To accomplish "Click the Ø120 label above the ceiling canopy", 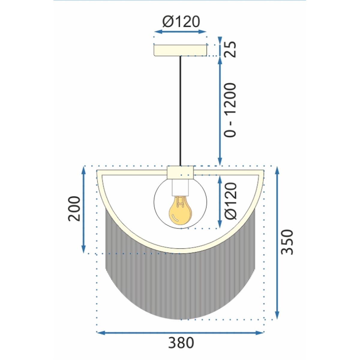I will click(181, 22).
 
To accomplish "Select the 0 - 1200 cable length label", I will click(231, 110).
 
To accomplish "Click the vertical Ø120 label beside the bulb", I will click(231, 201).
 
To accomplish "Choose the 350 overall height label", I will click(287, 242).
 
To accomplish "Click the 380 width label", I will click(181, 343).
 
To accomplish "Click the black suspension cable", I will click(180, 111).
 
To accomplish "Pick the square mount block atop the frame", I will click(180, 172).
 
